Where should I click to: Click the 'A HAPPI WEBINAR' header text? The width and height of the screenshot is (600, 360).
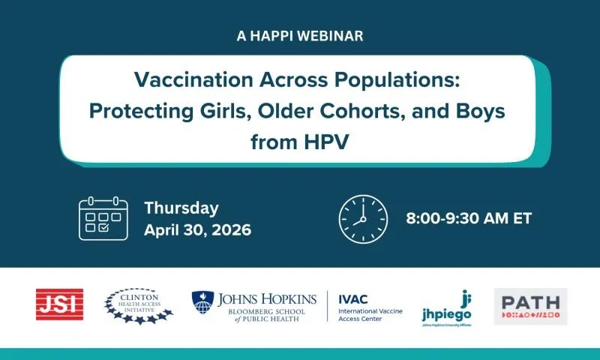(299, 35)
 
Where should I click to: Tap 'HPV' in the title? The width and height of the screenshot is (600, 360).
(330, 140)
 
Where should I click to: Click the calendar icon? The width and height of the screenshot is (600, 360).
(103, 218)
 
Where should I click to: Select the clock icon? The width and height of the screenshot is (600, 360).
(363, 218)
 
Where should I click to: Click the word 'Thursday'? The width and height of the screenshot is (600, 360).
(181, 208)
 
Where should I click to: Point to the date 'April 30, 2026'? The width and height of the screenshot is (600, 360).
(197, 229)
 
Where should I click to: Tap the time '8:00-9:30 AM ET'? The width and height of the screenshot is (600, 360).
(469, 218)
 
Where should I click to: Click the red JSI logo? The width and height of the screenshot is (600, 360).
(59, 304)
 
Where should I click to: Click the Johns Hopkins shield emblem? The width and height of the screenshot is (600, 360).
(203, 303)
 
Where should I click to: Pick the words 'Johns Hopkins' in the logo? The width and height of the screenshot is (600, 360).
(266, 298)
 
